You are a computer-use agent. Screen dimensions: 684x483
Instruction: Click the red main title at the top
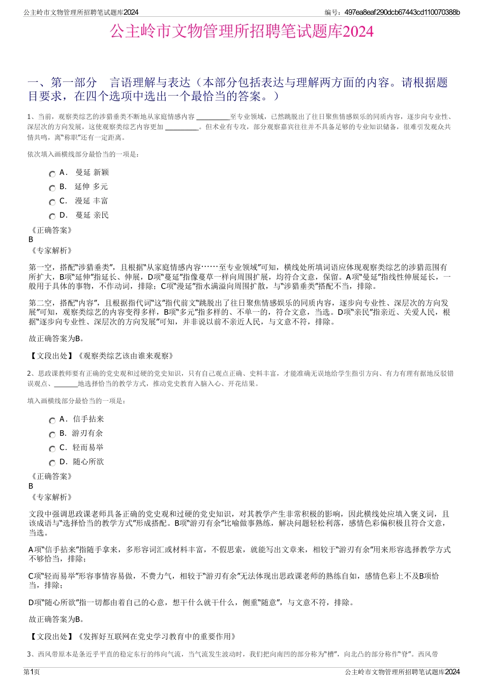[x=242, y=32]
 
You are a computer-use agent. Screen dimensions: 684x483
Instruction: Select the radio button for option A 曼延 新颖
[x=52, y=174]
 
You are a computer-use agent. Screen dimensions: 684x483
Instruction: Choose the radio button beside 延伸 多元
[x=52, y=188]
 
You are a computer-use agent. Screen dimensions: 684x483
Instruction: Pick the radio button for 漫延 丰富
[x=52, y=202]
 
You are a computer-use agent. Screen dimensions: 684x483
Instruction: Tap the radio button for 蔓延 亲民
[x=52, y=217]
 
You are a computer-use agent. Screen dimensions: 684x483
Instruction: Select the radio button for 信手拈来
[x=52, y=421]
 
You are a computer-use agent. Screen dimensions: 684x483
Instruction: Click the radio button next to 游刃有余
[x=52, y=435]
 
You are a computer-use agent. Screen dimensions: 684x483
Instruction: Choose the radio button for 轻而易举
[x=52, y=449]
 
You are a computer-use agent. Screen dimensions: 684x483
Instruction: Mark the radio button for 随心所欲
[x=52, y=463]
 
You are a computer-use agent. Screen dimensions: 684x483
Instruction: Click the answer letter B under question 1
[x=31, y=240]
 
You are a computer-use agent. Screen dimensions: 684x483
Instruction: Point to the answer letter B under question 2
[x=31, y=486]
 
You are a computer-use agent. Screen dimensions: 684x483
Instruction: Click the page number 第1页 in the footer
[x=32, y=672]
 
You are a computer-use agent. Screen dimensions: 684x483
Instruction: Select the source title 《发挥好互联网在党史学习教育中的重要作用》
[x=156, y=636]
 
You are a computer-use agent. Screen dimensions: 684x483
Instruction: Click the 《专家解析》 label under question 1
[x=51, y=250]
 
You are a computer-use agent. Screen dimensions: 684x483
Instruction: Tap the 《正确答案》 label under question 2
[x=51, y=477]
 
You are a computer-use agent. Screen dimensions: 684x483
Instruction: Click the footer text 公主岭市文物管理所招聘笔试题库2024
[x=402, y=672]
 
